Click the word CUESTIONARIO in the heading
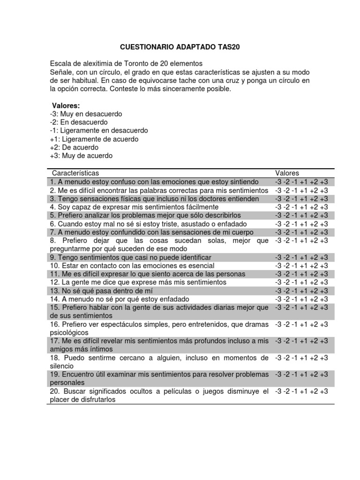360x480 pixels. click(144, 47)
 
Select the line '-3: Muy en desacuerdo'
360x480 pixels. click(86, 114)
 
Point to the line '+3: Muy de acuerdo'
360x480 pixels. click(81, 156)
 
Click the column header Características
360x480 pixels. click(75, 173)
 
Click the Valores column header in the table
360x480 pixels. click(287, 173)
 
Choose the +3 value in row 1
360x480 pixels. click(323, 181)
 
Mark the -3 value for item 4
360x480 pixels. click(279, 207)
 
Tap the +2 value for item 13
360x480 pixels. click(314, 291)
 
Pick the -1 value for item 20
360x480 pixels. click(295, 391)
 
